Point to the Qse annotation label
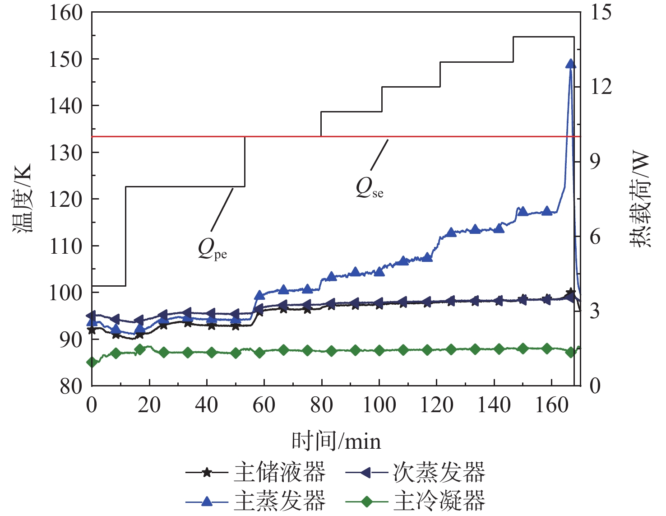pos(369,188)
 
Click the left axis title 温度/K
pos(22,199)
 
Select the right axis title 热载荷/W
pos(641,199)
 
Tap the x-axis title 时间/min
pos(336,441)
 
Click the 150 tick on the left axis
pos(66,59)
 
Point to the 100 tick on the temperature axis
pos(66,293)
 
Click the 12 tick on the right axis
pos(601,86)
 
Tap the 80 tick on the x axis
pos(321,405)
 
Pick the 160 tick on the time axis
pos(552,405)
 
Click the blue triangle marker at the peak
pos(570,64)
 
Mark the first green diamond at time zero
pos(92,362)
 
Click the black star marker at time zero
pos(92,330)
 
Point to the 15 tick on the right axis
pos(601,12)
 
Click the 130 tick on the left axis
pos(66,153)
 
